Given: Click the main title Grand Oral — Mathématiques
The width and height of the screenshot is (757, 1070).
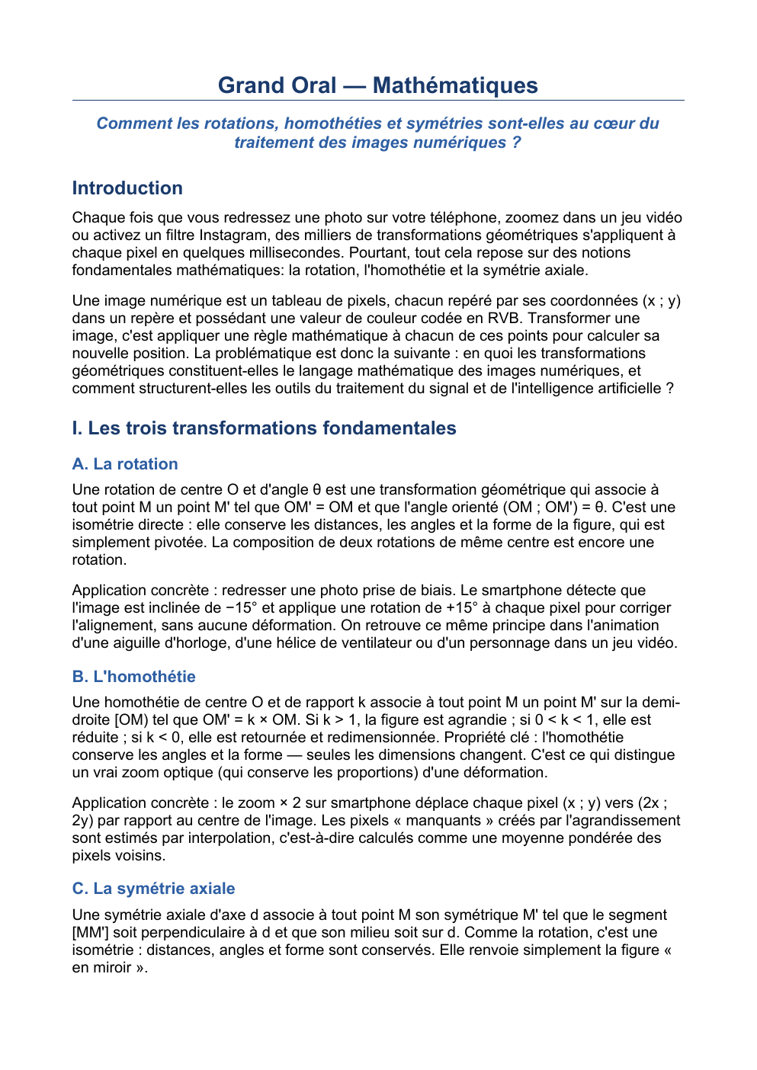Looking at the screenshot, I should click(x=377, y=85).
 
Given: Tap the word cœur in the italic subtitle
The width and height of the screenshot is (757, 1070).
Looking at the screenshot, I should click(x=615, y=123).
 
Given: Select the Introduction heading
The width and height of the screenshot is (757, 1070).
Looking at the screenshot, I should click(x=127, y=188).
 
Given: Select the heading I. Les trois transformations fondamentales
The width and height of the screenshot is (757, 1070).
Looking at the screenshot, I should click(x=264, y=428).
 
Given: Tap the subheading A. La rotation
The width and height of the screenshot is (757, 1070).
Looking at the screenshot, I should click(x=125, y=464).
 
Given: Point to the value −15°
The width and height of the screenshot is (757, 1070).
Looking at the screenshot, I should click(x=242, y=608).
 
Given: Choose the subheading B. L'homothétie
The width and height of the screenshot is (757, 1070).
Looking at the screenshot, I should click(x=133, y=677).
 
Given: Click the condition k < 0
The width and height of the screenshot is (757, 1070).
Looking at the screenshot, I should click(x=158, y=738).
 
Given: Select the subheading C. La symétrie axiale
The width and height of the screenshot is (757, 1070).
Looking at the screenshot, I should click(x=153, y=889).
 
